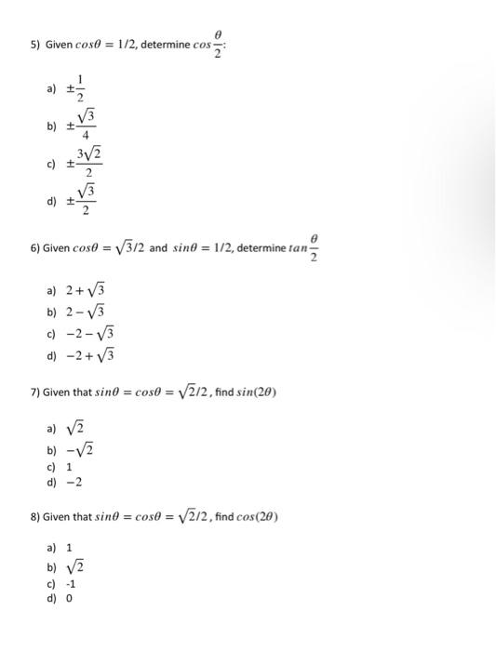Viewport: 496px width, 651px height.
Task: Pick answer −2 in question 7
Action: (x=74, y=483)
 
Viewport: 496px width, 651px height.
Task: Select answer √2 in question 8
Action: (x=76, y=566)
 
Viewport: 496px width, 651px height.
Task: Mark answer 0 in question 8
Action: (x=69, y=598)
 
